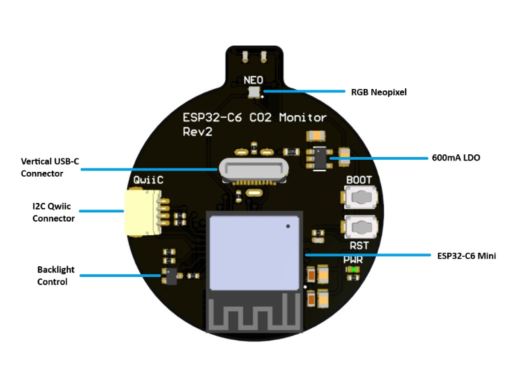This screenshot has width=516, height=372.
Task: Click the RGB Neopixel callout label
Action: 379,92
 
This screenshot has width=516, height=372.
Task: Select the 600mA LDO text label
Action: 456,158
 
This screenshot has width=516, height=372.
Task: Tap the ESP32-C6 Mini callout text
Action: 466,255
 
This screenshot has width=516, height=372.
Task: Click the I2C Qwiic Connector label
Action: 53,212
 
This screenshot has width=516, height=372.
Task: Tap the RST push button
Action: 360,227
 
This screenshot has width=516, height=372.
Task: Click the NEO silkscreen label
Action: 253,80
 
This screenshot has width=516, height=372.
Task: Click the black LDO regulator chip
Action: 323,158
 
